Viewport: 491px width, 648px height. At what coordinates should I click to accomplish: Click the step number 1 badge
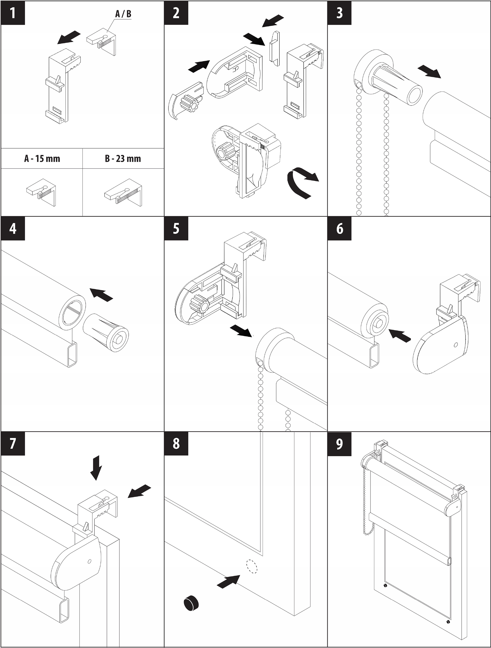pos(13,13)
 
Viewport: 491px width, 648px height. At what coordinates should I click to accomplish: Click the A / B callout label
pos(123,14)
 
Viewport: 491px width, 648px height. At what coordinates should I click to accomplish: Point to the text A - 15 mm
pos(42,159)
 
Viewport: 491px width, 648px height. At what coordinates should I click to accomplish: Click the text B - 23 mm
pos(123,159)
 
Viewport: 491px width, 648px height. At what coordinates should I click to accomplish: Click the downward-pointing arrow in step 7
pos(96,468)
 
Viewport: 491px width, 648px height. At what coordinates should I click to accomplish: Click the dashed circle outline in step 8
pos(252,566)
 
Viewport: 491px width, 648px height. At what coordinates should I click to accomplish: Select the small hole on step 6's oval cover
pos(455,345)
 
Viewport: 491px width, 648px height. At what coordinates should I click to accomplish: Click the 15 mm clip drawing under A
pos(41,192)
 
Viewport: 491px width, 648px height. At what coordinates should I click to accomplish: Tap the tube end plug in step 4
pos(106,332)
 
